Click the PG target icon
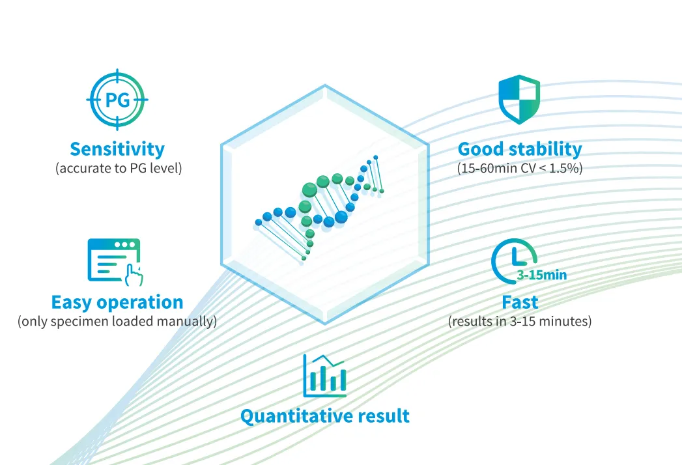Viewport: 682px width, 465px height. pyautogui.click(x=117, y=100)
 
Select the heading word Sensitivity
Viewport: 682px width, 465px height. pyautogui.click(x=117, y=148)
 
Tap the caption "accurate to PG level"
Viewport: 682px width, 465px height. pyautogui.click(x=119, y=168)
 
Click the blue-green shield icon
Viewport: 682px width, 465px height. pyautogui.click(x=519, y=99)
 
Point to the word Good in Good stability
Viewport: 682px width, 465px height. pyautogui.click(x=481, y=148)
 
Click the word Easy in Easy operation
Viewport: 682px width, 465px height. pyautogui.click(x=71, y=302)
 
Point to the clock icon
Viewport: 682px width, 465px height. pyautogui.click(x=514, y=261)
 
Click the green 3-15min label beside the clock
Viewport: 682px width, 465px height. pyautogui.click(x=542, y=275)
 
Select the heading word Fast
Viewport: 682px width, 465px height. pyautogui.click(x=520, y=302)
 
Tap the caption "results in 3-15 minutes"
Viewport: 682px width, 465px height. pyautogui.click(x=520, y=321)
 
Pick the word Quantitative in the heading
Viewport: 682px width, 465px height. pyautogui.click(x=296, y=416)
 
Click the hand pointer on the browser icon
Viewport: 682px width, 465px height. pyautogui.click(x=134, y=275)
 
